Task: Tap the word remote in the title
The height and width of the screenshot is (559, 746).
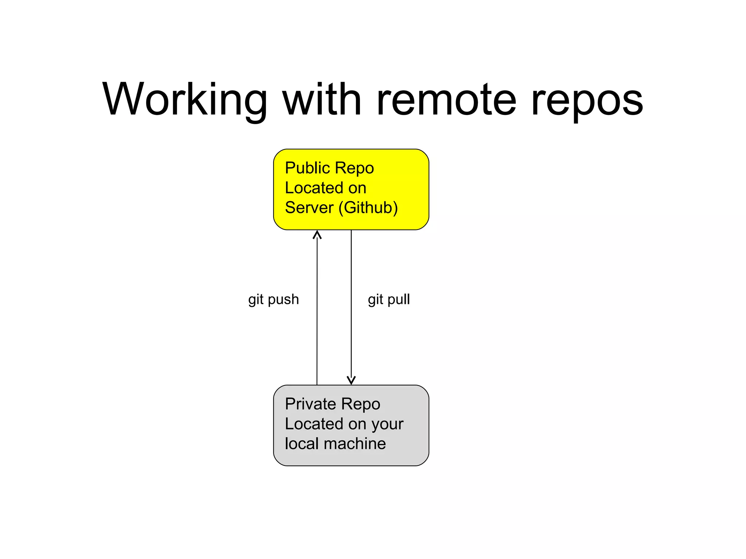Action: coord(446,100)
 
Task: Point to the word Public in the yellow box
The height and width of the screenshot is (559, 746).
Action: coord(307,168)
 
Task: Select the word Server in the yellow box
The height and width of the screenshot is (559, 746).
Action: coord(309,208)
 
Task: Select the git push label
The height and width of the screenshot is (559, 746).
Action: coord(273,300)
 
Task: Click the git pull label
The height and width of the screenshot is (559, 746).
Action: coord(389,300)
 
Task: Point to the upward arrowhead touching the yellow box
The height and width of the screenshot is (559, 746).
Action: coord(317,235)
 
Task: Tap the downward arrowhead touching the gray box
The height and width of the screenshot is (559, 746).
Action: coord(351,380)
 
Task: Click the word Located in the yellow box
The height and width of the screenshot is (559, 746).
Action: coord(314,188)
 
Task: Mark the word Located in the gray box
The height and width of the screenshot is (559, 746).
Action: coord(314,424)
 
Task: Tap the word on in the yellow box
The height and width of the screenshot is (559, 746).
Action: coord(357,188)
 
